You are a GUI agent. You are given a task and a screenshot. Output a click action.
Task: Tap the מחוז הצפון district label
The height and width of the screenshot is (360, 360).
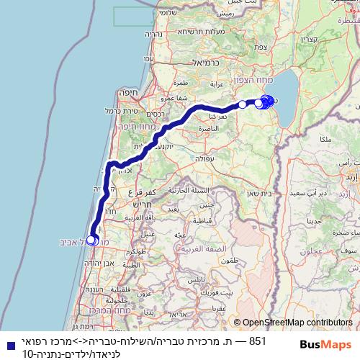click(x=251, y=82)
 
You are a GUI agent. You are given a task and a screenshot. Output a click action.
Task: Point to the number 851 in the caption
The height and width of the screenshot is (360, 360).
click(x=257, y=339)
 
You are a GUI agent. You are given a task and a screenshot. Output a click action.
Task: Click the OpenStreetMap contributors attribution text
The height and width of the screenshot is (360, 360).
click(x=297, y=323)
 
